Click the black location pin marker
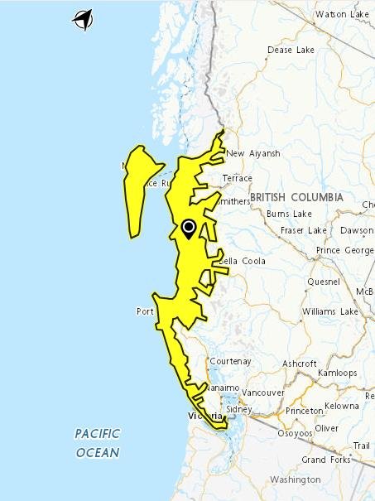tap(189, 228)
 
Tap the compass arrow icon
tap(83, 19)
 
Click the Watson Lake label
tap(342, 14)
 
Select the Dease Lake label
tap(291, 51)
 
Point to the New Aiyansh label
tap(253, 153)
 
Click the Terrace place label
tap(237, 178)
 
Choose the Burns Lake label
tap(289, 214)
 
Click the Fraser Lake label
tap(304, 230)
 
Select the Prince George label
tap(339, 250)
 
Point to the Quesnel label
tap(323, 282)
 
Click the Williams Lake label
tap(330, 311)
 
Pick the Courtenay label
tap(230, 362)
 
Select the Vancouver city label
tap(265, 393)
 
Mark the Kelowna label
tap(342, 407)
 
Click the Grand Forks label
tap(325, 460)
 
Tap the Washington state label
tap(295, 479)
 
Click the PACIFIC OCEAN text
tap(98, 443)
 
